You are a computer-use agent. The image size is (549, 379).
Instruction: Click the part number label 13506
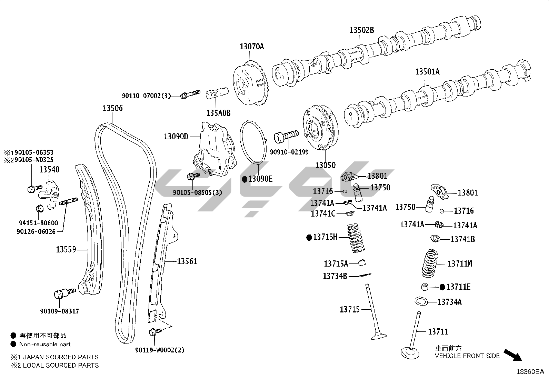coord(112,108)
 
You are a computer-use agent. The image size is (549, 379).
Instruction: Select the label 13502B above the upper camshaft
coord(361,30)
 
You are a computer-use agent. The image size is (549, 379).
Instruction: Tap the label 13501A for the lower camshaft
coord(427,72)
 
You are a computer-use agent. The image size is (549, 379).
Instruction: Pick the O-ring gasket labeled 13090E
coord(254,141)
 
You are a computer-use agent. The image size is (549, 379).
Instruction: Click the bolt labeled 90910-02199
coord(286,136)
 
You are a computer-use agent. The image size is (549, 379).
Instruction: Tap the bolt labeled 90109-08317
coord(64,293)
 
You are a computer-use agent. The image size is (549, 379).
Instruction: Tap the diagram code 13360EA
coord(530,372)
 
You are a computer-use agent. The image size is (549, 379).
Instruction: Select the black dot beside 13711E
coord(442,287)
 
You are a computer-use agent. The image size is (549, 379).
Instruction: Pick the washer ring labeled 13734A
coord(421,301)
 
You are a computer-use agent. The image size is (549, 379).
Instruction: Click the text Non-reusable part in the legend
coord(45,344)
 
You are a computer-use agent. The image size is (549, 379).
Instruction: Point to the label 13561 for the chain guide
coord(187,261)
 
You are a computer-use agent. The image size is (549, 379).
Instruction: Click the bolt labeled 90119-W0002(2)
coord(154,332)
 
